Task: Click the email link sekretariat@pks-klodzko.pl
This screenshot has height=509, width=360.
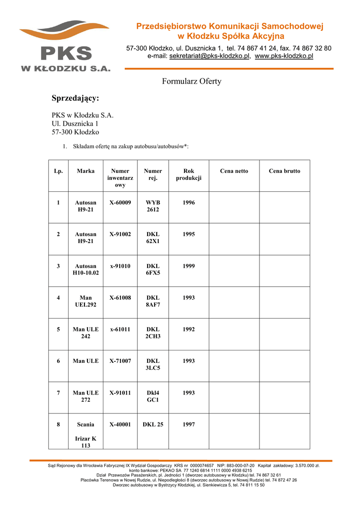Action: click(x=209, y=57)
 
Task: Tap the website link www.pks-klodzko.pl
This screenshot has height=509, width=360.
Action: click(x=284, y=57)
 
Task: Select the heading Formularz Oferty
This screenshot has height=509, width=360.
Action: click(x=191, y=81)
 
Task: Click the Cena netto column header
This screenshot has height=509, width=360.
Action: click(x=234, y=171)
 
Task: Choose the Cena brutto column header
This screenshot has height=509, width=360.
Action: click(x=284, y=171)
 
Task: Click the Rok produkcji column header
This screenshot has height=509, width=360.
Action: click(x=188, y=174)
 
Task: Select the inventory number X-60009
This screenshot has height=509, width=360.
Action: click(x=120, y=203)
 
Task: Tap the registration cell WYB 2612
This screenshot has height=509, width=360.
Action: click(x=153, y=206)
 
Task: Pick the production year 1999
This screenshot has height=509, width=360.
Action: click(x=188, y=266)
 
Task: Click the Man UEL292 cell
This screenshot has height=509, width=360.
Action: click(x=86, y=301)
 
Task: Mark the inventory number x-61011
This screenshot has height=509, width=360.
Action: click(x=120, y=330)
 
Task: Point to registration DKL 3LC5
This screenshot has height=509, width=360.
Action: click(x=153, y=364)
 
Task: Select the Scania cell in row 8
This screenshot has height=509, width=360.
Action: click(x=86, y=424)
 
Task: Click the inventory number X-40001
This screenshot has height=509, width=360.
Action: click(x=120, y=424)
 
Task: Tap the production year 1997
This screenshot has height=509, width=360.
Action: click(x=188, y=424)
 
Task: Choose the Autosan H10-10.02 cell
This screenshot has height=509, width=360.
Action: click(x=86, y=269)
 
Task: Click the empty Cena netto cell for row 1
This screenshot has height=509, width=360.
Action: click(x=234, y=207)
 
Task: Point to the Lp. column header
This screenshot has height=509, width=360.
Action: click(x=58, y=171)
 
